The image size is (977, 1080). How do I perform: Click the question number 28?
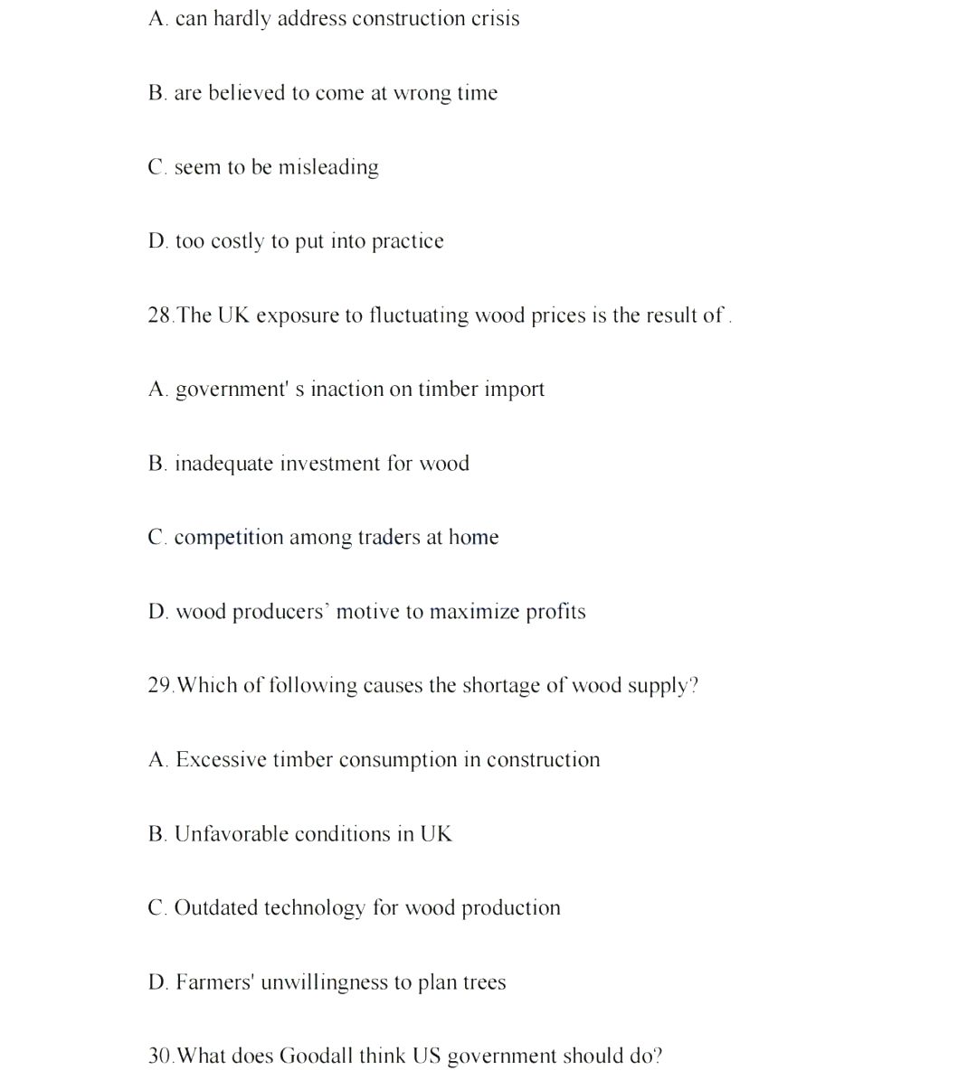tap(159, 315)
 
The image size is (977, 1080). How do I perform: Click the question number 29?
tap(159, 686)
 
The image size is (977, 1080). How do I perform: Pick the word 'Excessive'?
tap(221, 760)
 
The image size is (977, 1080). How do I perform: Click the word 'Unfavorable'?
tap(231, 834)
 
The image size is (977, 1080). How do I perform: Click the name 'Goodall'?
tap(315, 1057)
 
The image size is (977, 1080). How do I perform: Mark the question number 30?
tap(159, 1057)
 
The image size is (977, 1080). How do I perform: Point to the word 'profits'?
tap(555, 612)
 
